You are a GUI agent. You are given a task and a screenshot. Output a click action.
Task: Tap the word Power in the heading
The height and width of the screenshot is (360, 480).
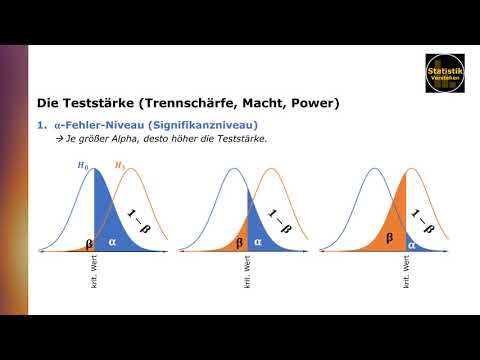click(312, 102)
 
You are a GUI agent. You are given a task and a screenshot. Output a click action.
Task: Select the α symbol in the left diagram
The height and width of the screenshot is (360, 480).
click(111, 240)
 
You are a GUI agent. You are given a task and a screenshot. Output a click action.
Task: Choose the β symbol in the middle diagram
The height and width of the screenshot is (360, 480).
click(239, 241)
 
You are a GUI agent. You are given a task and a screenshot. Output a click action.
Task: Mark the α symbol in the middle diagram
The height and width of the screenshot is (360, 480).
click(258, 241)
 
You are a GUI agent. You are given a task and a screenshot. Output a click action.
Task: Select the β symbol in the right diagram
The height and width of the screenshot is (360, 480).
click(386, 241)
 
